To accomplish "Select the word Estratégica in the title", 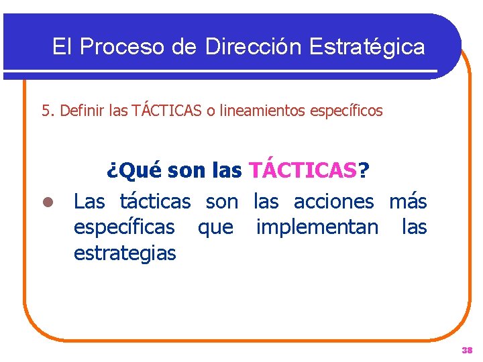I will [367, 46].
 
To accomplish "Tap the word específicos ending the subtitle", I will [347, 111].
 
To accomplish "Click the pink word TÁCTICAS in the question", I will [303, 171].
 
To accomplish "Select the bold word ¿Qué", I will [134, 171].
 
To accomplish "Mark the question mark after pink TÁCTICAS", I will [363, 171].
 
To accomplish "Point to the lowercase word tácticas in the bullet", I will [155, 200].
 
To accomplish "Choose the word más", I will [408, 200].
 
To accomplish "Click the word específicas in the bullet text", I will [123, 228].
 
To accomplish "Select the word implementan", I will [317, 228].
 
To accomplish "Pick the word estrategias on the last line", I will [125, 253].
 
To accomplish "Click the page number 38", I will [467, 350].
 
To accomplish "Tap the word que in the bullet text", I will [215, 228].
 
